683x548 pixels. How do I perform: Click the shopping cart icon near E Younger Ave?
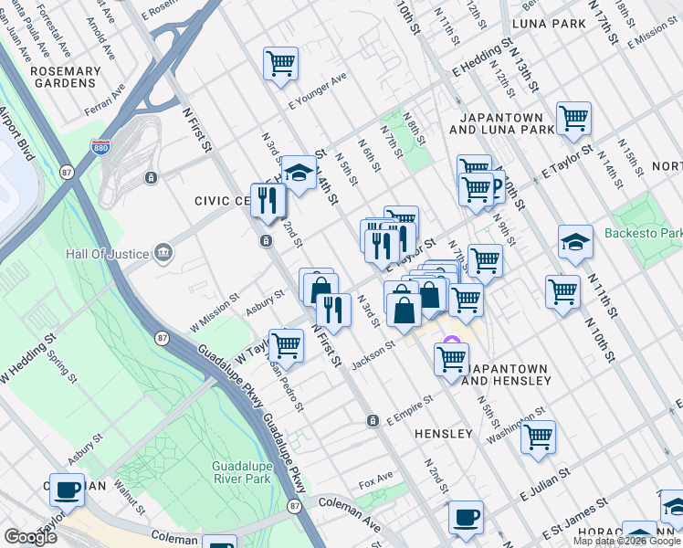[x=280, y=64]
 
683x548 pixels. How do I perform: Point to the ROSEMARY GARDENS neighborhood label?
[x=65, y=77]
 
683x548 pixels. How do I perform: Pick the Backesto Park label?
[x=643, y=233]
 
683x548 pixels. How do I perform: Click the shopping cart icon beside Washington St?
[x=538, y=437]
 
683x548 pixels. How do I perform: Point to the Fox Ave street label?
[x=375, y=478]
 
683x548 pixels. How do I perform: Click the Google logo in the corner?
[x=30, y=537]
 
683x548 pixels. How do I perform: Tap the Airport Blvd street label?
[x=16, y=134]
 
